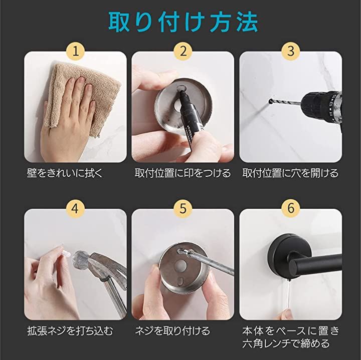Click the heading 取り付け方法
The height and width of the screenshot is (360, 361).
[x=183, y=23]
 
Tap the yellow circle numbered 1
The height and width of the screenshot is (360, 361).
[x=76, y=51]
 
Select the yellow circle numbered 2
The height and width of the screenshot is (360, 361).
[x=183, y=51]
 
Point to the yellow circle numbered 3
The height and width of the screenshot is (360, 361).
[x=291, y=51]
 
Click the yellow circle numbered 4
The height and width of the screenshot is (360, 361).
[x=76, y=208]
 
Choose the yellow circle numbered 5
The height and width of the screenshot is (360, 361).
[x=183, y=208]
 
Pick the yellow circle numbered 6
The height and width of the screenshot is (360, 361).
[x=291, y=208]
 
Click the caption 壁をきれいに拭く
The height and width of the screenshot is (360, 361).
[x=65, y=173]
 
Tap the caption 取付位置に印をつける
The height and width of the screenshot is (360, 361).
[x=183, y=173]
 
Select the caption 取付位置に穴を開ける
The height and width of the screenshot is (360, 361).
[x=290, y=173]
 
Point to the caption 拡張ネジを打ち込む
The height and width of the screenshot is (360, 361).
[x=70, y=331]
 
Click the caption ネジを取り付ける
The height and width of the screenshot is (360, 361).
[x=172, y=331]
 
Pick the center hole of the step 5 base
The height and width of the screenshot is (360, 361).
[x=180, y=265]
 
